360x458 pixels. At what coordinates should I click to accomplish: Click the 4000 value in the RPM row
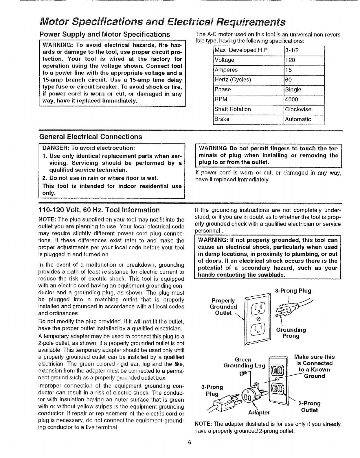pyautogui.click(x=291, y=99)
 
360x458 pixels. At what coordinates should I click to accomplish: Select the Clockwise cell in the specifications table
pyautogui.click(x=298, y=109)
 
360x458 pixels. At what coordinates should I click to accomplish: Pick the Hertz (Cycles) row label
pyautogui.click(x=233, y=80)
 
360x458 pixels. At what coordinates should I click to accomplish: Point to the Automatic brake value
pyautogui.click(x=298, y=119)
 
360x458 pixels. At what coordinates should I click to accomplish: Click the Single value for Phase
pyautogui.click(x=293, y=90)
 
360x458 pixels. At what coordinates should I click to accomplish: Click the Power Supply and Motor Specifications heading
pyautogui.click(x=104, y=34)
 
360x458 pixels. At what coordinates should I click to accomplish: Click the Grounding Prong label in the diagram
pyautogui.click(x=291, y=333)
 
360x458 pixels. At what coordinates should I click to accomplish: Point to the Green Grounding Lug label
pyautogui.click(x=244, y=363)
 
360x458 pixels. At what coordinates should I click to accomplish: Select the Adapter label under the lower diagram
pyautogui.click(x=259, y=412)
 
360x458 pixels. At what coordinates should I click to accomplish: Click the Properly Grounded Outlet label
pyautogui.click(x=223, y=307)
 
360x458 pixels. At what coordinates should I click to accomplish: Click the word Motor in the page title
pyautogui.click(x=54, y=22)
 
